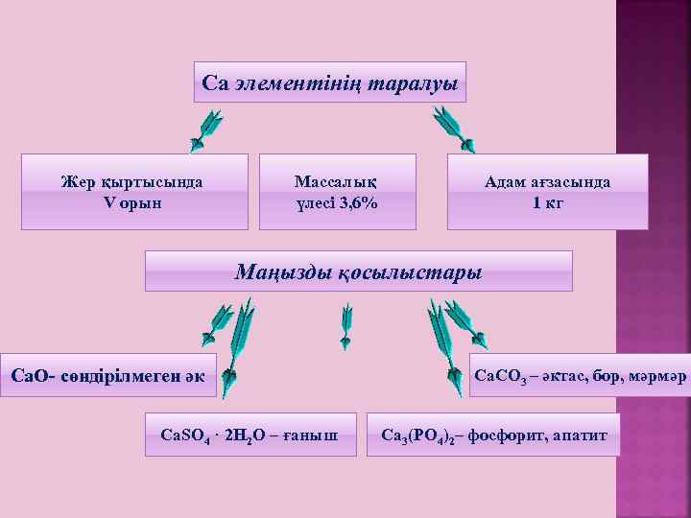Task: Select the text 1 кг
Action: tap(548, 202)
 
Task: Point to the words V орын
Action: tap(131, 202)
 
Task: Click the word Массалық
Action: tap(336, 182)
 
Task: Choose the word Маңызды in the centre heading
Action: tap(283, 272)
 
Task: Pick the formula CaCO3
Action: tap(500, 374)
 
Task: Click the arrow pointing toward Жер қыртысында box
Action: tap(205, 130)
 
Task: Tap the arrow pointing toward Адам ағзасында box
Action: tap(452, 129)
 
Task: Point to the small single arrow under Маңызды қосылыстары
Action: tap(346, 327)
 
